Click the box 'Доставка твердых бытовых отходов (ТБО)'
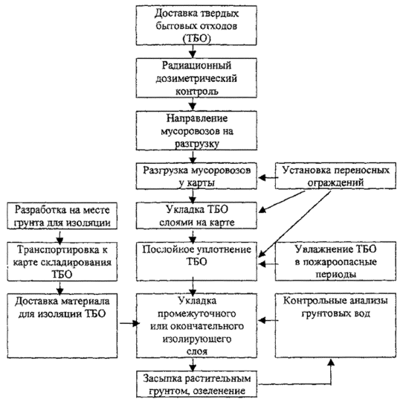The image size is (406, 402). [x=196, y=25]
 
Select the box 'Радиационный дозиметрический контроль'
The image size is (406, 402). [x=196, y=78]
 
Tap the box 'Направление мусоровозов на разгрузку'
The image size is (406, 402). [x=196, y=130]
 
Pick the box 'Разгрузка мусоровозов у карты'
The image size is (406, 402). [x=196, y=176]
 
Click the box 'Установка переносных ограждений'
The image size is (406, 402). [x=335, y=176]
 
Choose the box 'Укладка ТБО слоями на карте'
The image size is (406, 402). [x=196, y=216]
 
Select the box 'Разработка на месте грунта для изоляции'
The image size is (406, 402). [x=62, y=216]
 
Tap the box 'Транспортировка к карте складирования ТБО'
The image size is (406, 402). [x=62, y=261]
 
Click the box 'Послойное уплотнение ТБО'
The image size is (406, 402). [x=196, y=261]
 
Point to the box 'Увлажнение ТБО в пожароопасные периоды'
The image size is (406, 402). [x=335, y=261]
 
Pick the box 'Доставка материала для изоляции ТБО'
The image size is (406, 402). [x=62, y=326]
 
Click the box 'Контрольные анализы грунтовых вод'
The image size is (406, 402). [x=335, y=325]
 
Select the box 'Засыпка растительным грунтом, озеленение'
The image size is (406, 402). [x=196, y=384]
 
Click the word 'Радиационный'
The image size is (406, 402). [x=196, y=66]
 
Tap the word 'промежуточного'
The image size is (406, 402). [x=197, y=314]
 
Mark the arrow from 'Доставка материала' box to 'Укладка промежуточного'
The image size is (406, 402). [x=129, y=323]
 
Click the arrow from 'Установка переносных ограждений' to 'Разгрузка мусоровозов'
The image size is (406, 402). [x=268, y=178]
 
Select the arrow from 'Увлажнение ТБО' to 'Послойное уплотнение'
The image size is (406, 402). [x=268, y=264]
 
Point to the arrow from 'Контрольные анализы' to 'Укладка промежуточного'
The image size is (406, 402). [x=268, y=321]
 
